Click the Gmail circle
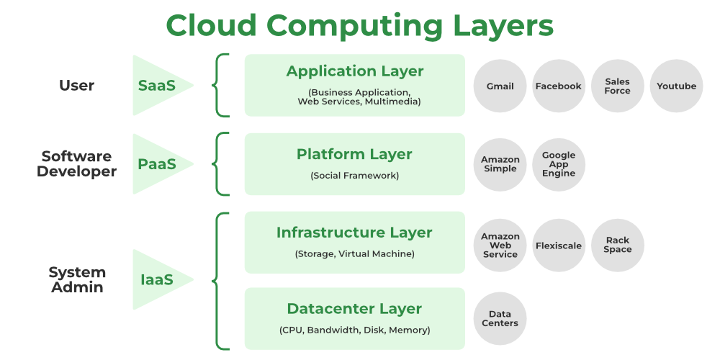coord(500,86)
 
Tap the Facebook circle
coord(558,86)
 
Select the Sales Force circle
coord(617,86)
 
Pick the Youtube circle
coord(676,86)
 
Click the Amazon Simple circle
coord(500,165)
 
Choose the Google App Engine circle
coord(559,165)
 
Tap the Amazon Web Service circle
coord(500,246)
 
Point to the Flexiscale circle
coord(558,246)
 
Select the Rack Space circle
coord(617,246)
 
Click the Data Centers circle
coord(500,319)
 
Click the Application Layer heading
coord(355,71)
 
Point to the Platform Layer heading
coord(354,154)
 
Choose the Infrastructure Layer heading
coord(354,233)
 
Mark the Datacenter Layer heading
coord(354,309)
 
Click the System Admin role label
coord(77,279)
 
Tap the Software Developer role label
coord(76,164)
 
